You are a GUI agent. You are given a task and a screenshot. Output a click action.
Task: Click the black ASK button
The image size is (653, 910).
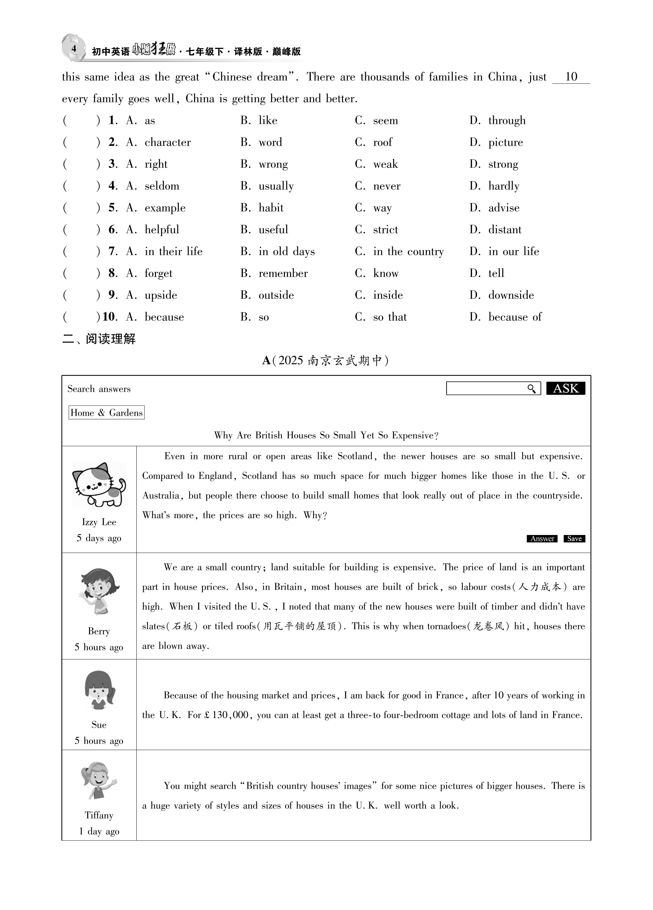[565, 388]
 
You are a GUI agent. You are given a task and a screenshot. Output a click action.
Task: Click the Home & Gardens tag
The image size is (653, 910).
[106, 412]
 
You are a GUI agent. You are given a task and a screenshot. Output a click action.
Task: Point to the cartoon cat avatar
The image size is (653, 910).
[99, 485]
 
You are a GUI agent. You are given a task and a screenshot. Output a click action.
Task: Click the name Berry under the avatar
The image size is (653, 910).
[99, 631]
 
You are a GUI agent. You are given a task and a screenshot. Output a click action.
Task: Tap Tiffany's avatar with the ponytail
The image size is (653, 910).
[99, 780]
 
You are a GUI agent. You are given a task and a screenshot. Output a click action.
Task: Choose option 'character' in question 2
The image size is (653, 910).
[167, 142]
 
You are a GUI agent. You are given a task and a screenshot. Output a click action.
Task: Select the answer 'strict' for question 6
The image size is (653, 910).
[385, 230]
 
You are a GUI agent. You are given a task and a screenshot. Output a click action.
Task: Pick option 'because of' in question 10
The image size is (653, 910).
[515, 317]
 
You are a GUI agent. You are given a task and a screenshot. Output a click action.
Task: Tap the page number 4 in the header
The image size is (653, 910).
[74, 49]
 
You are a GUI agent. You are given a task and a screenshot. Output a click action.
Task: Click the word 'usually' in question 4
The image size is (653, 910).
[276, 186]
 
